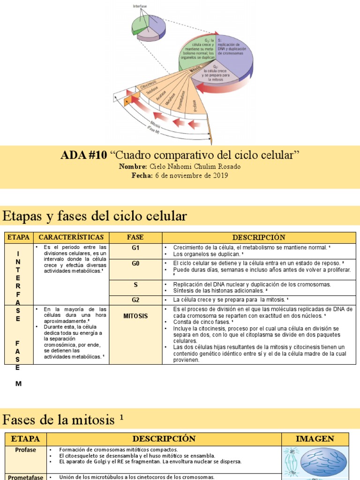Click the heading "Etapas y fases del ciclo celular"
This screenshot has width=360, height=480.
pos(95,216)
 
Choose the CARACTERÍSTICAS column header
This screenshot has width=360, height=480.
pos(71,237)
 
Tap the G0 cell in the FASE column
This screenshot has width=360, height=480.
pos(135,263)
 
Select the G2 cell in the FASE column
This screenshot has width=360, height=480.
pos(135,299)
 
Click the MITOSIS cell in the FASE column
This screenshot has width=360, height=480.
pos(135,316)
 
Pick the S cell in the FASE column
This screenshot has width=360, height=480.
pos(135,285)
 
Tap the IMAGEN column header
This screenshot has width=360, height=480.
pos(315,439)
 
